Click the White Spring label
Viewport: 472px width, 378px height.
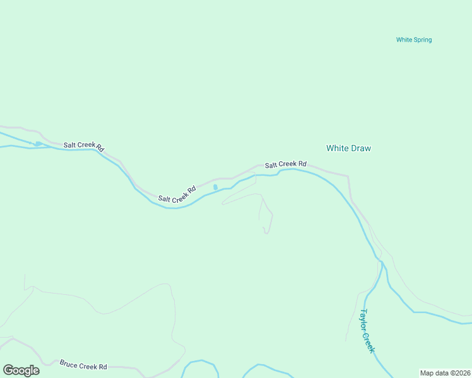click(x=414, y=40)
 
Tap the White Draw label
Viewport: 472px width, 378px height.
click(x=348, y=148)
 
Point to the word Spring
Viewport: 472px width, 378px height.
click(x=422, y=40)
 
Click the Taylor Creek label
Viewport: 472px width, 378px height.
click(x=367, y=331)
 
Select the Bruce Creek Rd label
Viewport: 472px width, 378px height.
click(x=83, y=365)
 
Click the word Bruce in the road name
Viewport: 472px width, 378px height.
click(x=69, y=364)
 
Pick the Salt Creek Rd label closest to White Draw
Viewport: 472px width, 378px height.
click(x=286, y=164)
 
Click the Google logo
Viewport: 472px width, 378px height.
click(x=21, y=370)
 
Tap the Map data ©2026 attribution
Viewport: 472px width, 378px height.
click(x=445, y=373)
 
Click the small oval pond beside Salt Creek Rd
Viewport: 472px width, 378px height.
click(x=216, y=187)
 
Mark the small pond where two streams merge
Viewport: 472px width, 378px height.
click(x=38, y=144)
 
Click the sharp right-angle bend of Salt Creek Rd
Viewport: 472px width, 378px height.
click(x=348, y=177)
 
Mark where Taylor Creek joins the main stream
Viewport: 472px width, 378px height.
click(x=381, y=260)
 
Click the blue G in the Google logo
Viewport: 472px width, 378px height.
click(x=8, y=370)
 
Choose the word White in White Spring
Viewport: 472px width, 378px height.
click(x=404, y=40)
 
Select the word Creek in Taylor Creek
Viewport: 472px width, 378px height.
click(x=370, y=341)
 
